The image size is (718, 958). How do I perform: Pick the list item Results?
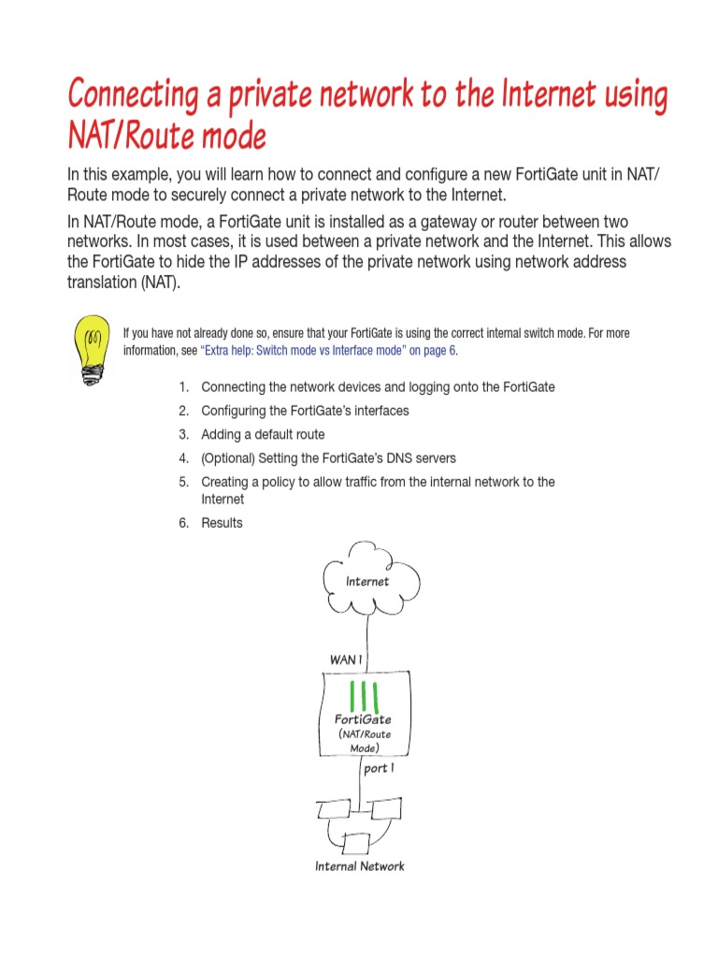(222, 523)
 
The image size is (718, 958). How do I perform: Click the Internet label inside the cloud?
(366, 581)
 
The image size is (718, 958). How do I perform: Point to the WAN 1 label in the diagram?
(345, 660)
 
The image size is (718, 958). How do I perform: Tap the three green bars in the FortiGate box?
(364, 696)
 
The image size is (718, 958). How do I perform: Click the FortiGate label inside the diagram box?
(363, 719)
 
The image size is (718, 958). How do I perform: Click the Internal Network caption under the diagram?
(359, 866)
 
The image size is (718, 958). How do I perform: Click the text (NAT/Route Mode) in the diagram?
(364, 741)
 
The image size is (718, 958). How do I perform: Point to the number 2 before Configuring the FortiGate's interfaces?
(184, 411)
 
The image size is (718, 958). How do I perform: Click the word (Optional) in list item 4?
(231, 458)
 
